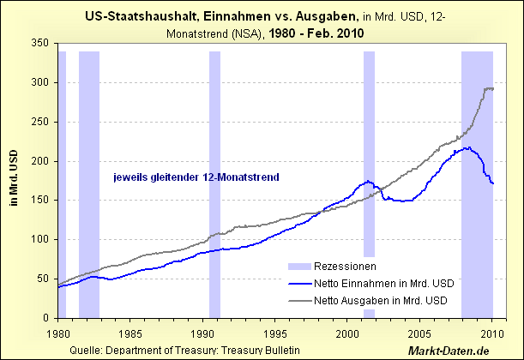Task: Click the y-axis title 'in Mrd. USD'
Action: [x=13, y=181]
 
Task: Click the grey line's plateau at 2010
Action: [x=490, y=88]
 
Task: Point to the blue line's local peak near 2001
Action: [x=367, y=181]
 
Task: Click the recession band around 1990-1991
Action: [x=214, y=171]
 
